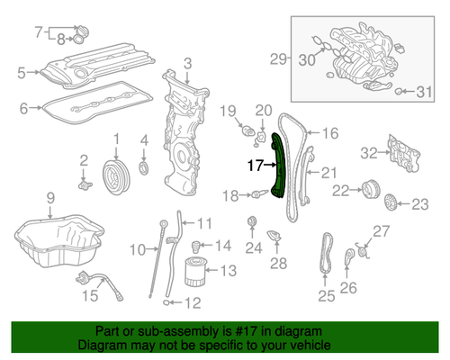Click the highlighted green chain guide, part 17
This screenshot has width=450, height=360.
(x=277, y=166)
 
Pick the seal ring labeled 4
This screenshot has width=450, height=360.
(x=145, y=170)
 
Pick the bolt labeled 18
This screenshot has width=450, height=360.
(x=259, y=193)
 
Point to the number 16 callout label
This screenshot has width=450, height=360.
(x=329, y=133)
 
